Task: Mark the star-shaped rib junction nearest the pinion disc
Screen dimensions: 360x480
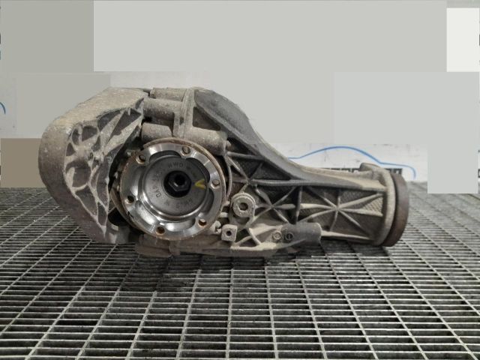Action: pyautogui.click(x=346, y=202)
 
